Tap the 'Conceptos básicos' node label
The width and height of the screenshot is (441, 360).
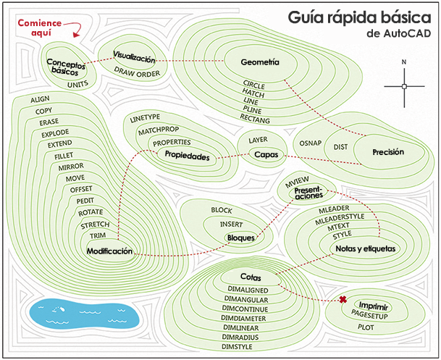point(64,67)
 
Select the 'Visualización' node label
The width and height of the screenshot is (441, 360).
point(135,57)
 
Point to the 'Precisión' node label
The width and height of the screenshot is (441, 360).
point(388,152)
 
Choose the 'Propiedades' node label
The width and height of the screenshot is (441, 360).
point(187,156)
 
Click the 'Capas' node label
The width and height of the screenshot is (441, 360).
point(261,154)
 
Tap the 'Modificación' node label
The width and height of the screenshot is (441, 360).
point(109,251)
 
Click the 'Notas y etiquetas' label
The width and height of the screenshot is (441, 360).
point(366,248)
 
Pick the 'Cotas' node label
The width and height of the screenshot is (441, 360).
point(251,277)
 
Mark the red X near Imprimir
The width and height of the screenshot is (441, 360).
point(343,299)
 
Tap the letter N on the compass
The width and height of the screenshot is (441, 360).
point(404,62)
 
